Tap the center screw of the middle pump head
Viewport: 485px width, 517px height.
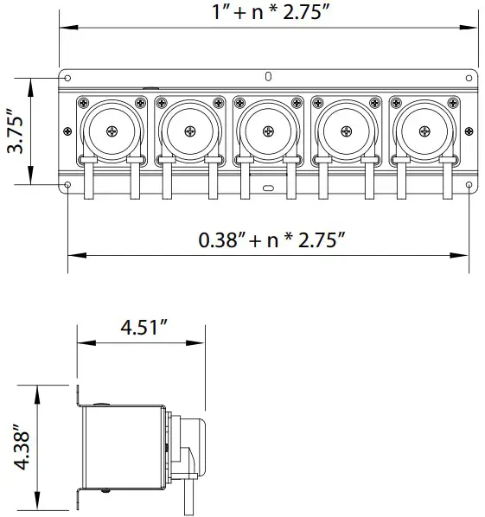pos(267,131)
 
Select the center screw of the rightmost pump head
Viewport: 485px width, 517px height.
pos(424,131)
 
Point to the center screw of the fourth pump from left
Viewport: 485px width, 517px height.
pos(346,131)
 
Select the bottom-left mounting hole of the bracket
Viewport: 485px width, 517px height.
pos(68,184)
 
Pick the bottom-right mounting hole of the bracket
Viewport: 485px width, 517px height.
pos(469,184)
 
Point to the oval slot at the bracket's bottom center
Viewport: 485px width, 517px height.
pos(268,188)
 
